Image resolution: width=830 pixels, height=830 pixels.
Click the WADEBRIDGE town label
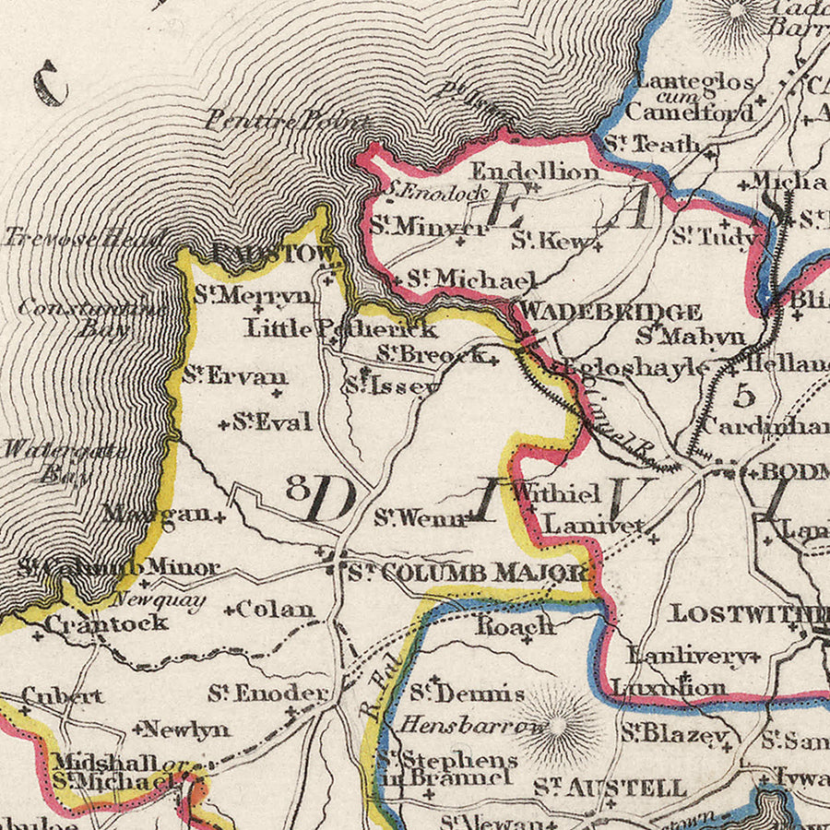(611, 312)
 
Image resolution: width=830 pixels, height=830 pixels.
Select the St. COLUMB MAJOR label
(468, 573)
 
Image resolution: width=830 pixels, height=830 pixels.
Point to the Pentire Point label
(288, 119)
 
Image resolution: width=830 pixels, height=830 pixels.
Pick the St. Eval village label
(270, 422)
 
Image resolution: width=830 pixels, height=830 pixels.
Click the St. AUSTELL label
(611, 788)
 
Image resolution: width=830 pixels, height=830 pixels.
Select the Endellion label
(534, 172)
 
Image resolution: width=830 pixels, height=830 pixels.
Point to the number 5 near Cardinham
(744, 396)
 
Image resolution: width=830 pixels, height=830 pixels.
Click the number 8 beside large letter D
(296, 488)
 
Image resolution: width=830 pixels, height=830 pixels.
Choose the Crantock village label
(107, 622)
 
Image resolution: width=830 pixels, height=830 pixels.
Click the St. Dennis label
(467, 693)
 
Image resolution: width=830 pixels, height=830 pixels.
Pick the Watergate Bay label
(46, 461)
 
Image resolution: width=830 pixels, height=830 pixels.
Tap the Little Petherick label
(340, 327)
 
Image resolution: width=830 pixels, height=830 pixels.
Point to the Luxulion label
(669, 688)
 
